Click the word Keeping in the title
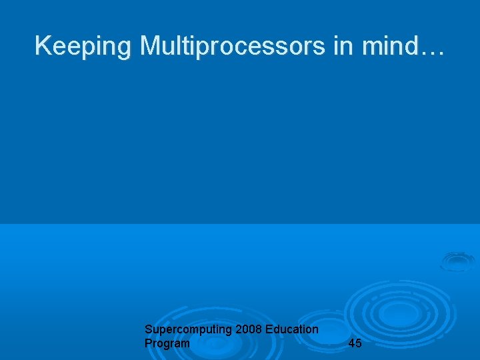click(x=83, y=47)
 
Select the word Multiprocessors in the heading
click(x=231, y=47)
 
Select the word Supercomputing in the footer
click(x=188, y=330)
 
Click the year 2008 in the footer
click(x=249, y=329)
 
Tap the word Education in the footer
click(x=291, y=329)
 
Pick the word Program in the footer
click(x=167, y=343)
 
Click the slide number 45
click(x=355, y=343)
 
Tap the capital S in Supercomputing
click(x=148, y=329)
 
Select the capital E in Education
click(x=269, y=329)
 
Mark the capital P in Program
click(x=148, y=343)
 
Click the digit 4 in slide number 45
click(x=351, y=343)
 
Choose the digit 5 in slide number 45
click(x=359, y=343)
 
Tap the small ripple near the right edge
click(x=457, y=261)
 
